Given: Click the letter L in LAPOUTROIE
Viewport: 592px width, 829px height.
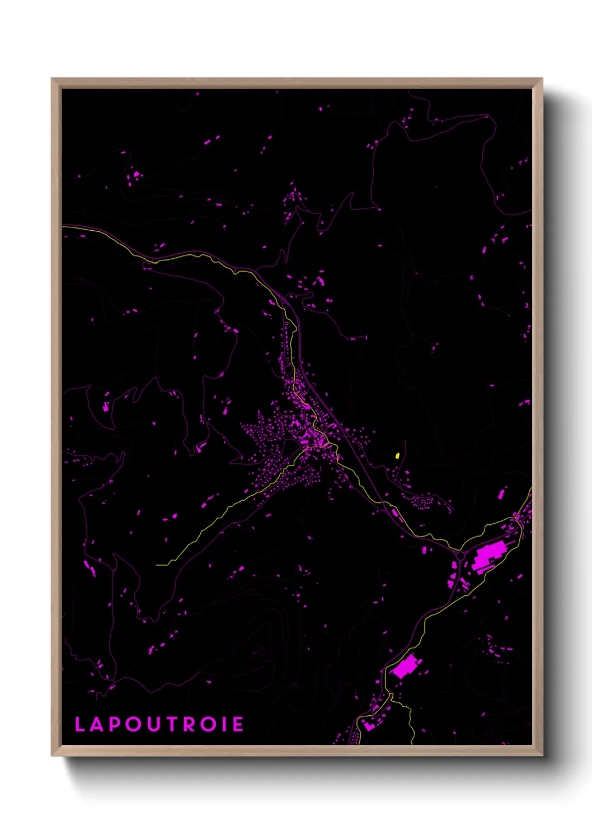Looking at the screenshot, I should click(x=79, y=724).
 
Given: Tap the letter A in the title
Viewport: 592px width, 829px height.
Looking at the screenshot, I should click(x=96, y=724).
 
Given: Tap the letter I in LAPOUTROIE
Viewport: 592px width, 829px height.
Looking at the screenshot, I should click(x=224, y=724).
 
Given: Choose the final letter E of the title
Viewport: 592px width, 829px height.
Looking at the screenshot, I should click(x=238, y=724).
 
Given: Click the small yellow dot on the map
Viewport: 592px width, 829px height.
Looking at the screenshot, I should click(x=397, y=456).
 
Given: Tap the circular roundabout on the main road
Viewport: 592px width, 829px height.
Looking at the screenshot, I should click(x=460, y=556).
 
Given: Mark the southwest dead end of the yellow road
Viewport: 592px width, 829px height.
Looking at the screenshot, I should click(x=157, y=565).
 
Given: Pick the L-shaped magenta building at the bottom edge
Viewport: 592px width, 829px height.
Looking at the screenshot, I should click(x=368, y=725).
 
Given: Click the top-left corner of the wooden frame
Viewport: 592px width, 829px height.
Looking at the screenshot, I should click(x=52, y=79).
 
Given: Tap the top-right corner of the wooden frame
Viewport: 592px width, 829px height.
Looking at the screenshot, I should click(x=542, y=79).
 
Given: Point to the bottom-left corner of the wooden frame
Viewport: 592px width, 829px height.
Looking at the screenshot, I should click(x=52, y=756).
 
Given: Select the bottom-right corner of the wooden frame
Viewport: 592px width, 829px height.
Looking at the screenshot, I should click(x=542, y=756).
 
